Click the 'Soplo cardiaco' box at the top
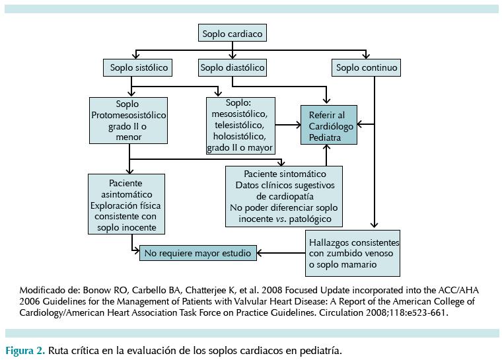pyautogui.click(x=233, y=34)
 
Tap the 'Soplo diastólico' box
pyautogui.click(x=233, y=67)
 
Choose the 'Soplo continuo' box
pyautogui.click(x=367, y=67)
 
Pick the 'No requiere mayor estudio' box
pyautogui.click(x=197, y=252)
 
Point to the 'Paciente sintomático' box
pyautogui.click(x=285, y=197)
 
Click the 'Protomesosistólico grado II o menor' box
pyautogui.click(x=127, y=121)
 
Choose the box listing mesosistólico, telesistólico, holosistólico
pyautogui.click(x=240, y=126)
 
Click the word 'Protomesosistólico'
pyautogui.click(x=127, y=116)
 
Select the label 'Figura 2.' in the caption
pyautogui.click(x=25, y=350)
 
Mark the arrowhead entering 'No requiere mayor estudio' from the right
pyautogui.click(x=260, y=252)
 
